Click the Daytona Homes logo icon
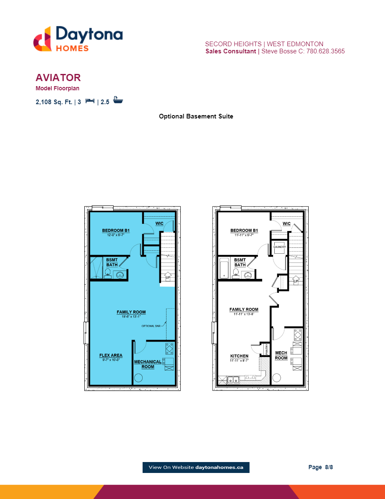(42, 39)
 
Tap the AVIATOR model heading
(58, 78)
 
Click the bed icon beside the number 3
(90, 101)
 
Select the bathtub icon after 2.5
(118, 101)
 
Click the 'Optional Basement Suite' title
(196, 116)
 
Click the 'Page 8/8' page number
(320, 467)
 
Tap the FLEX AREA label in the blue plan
(111, 356)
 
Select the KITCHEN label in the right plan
(239, 356)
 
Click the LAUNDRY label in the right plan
(279, 247)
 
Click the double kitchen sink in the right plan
(233, 380)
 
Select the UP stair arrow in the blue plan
(168, 277)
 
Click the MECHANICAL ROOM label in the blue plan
(148, 364)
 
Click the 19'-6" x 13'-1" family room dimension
(131, 316)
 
